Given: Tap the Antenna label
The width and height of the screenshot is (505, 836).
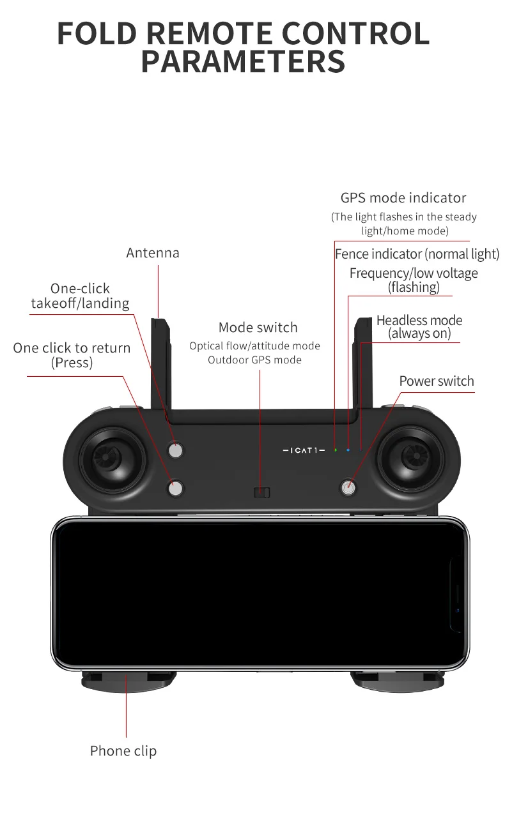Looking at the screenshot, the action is tap(153, 253).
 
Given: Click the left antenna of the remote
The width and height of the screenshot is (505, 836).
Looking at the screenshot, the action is tap(160, 364).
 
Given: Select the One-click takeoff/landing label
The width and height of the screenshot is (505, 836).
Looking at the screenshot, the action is tap(80, 296).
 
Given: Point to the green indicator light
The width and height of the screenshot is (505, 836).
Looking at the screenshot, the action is tap(335, 450).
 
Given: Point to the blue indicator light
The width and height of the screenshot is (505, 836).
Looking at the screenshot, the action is tap(348, 450).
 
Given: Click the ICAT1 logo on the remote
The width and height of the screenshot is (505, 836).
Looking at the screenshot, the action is tap(304, 451).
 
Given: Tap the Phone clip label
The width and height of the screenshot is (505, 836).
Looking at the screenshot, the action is tap(123, 751).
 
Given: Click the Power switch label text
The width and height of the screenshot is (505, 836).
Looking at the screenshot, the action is tap(437, 381).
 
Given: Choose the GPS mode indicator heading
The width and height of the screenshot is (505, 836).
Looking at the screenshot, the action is tap(403, 198).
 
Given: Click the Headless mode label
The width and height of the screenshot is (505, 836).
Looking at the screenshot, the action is tap(419, 326).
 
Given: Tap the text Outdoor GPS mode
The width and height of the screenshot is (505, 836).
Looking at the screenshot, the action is tap(254, 360).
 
